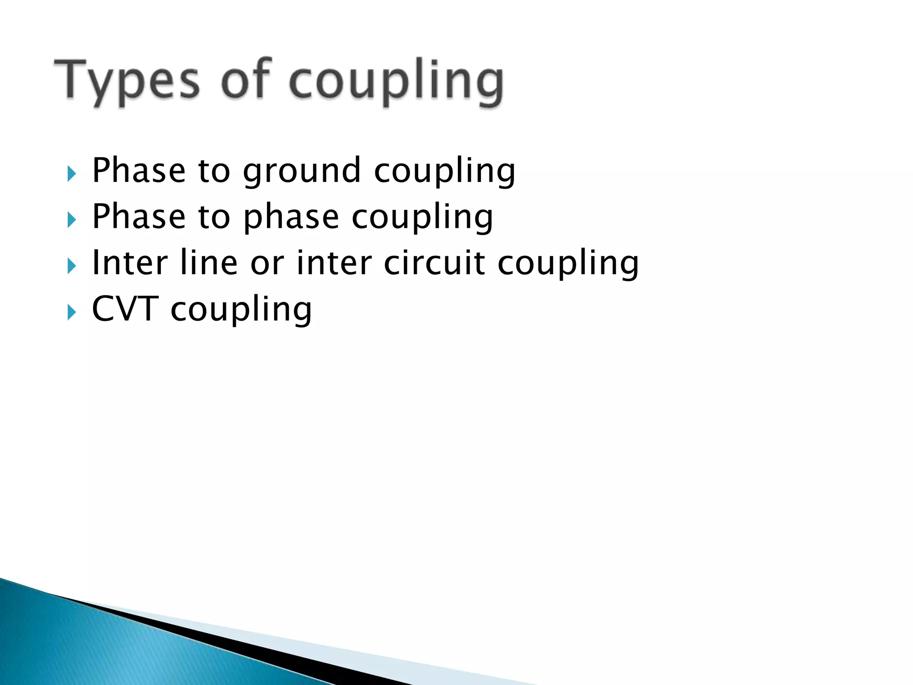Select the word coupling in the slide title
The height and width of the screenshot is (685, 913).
click(396, 83)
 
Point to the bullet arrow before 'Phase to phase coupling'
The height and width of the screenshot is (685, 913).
click(71, 219)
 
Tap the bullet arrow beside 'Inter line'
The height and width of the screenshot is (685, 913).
click(71, 266)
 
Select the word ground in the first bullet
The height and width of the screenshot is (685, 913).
click(302, 172)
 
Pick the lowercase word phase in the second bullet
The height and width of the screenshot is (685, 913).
click(291, 218)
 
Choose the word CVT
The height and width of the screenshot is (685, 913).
click(125, 309)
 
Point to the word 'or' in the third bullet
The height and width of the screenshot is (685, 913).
click(267, 264)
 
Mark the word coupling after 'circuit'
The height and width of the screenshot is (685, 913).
click(568, 264)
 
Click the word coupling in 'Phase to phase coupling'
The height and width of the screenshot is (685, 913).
click(422, 218)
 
